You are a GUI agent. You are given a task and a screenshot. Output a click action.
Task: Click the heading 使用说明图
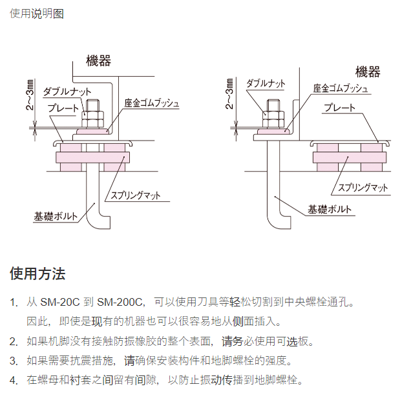coord(36,13)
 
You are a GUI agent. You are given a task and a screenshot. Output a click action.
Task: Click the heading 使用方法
coord(37,274)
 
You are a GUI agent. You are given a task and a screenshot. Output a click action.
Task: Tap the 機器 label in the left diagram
coord(99,61)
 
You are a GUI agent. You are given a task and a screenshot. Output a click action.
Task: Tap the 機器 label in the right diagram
coord(368,72)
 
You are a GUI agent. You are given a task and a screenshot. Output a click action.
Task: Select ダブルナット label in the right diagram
coord(266,83)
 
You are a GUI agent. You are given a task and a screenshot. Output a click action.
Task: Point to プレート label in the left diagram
coord(62,107)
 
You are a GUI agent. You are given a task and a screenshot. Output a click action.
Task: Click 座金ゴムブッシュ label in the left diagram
coord(152,103)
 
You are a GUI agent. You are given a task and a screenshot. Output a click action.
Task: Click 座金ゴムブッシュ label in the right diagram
coord(341,88)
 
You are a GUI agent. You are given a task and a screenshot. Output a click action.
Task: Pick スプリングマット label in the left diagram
coord(135,195)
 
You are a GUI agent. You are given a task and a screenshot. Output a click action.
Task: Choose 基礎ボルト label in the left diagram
coord(58,215)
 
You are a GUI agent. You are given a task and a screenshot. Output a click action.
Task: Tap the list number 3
coord(14,360)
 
